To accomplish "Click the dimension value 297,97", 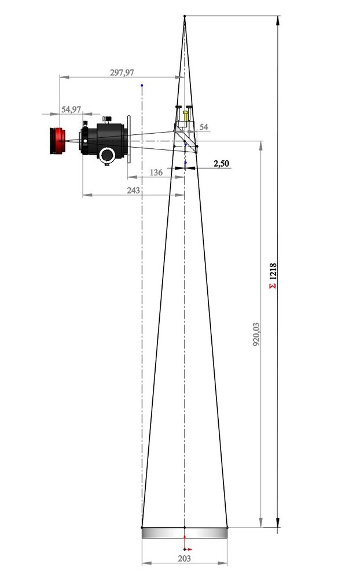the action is click(122, 72).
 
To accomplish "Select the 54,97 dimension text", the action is click(71, 109).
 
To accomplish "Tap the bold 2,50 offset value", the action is click(221, 163).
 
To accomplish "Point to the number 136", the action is click(156, 173).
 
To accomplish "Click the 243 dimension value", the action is click(133, 190).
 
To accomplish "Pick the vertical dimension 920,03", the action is click(256, 334).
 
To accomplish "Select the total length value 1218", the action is click(273, 271).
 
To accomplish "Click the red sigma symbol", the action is click(273, 286).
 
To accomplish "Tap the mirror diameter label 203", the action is click(184, 558).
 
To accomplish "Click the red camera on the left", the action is click(58, 141).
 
